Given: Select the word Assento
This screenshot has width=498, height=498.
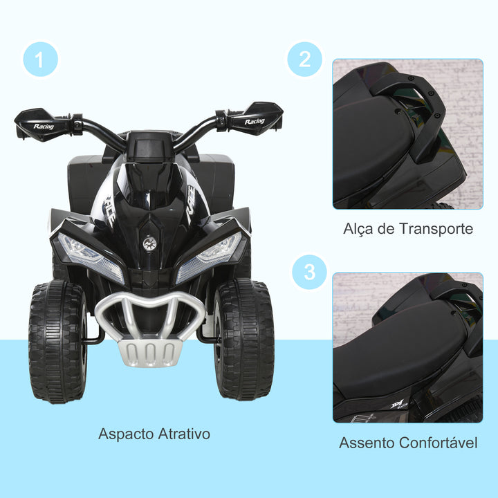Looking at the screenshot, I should [367, 443].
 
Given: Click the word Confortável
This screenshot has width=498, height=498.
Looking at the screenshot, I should [439, 443].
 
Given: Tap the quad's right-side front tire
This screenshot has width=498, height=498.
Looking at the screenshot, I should [243, 340].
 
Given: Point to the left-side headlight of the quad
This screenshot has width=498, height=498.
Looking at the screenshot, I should [84, 250].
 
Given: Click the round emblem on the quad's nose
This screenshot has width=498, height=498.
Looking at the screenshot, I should [149, 243].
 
